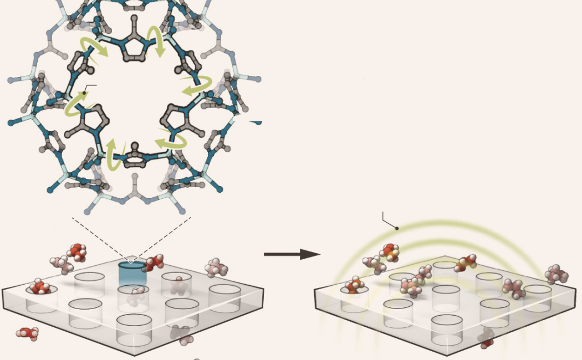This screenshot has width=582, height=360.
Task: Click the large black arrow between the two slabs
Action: [x=292, y=254]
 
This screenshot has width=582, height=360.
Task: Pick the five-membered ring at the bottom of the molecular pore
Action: [x=135, y=158]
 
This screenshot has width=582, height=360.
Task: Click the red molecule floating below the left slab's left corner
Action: [x=27, y=333]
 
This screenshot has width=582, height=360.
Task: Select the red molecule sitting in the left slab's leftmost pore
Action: [x=40, y=287]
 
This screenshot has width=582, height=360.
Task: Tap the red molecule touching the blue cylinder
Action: [x=153, y=263]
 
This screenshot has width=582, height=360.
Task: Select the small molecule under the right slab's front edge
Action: [x=486, y=337]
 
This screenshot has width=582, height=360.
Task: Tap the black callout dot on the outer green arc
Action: [x=397, y=228]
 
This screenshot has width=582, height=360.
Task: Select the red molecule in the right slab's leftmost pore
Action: [x=354, y=286]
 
